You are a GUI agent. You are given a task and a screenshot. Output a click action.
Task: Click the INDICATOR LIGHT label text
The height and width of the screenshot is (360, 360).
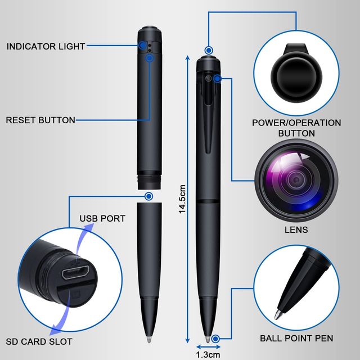coord(46,46)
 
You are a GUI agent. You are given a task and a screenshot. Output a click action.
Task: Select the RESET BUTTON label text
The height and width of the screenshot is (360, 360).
coord(40,120)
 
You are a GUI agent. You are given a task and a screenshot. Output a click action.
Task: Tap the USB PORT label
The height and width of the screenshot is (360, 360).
coord(102,218)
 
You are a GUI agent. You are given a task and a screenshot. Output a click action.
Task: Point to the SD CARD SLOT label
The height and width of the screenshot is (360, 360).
coord(39,341)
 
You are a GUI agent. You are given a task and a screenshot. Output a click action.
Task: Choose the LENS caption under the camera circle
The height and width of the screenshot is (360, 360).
coord(296,230)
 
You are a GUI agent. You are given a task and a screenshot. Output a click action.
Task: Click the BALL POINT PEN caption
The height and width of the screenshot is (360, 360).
coord(296,338)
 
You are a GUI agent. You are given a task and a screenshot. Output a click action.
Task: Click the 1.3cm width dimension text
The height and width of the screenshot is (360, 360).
coord(208,355)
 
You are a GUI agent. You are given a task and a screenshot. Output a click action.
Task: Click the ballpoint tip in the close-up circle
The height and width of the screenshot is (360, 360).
coord(280,313)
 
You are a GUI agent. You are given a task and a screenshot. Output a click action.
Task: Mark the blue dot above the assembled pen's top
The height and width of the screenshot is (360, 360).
coord(209,50)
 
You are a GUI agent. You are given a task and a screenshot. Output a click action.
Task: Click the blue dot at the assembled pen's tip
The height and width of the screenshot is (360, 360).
coord(215,338)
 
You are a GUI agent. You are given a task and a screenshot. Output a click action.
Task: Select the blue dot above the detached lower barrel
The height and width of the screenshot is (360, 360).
coord(148,196)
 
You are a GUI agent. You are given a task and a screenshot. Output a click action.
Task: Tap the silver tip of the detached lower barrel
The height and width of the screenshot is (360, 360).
coord(148,341)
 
